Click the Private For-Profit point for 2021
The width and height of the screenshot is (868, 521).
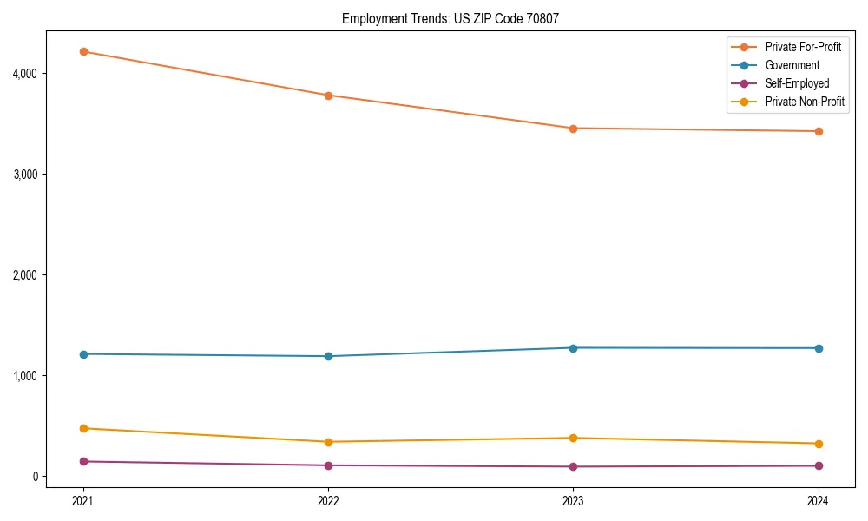83,52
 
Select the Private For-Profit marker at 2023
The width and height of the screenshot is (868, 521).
573,129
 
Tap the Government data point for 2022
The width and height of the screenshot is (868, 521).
328,356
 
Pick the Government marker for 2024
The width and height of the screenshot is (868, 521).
819,348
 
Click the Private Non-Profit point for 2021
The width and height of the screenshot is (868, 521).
83,428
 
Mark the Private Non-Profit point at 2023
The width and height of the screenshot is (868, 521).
573,438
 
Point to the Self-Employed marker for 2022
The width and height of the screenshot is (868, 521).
328,465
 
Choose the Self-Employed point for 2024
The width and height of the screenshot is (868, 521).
819,466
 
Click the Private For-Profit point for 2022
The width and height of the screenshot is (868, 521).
328,96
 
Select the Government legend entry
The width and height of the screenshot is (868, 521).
792,65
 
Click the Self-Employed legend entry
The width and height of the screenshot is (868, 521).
797,83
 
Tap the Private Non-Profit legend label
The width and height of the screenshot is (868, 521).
805,102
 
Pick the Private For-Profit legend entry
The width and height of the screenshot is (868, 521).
803,47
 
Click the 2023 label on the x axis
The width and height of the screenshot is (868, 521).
573,500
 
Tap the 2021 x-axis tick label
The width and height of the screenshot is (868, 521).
83,500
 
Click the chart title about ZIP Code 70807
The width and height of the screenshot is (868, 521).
456,18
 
